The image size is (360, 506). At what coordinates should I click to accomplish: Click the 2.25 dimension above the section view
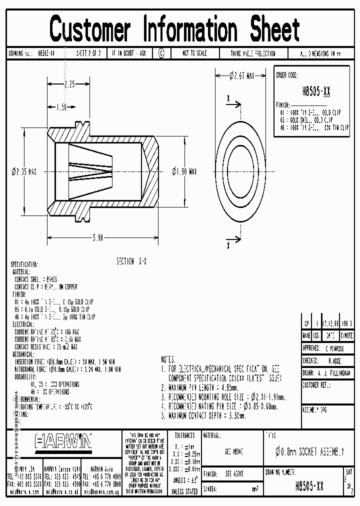click(69, 84)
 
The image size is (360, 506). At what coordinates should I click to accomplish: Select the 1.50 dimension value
click(61, 107)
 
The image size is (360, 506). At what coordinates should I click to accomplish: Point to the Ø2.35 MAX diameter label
click(24, 171)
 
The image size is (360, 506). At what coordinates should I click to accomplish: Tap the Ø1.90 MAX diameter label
click(184, 171)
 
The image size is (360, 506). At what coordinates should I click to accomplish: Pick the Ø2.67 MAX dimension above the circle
click(242, 75)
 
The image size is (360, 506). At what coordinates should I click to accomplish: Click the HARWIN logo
click(63, 441)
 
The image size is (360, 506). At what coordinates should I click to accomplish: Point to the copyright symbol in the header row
click(160, 53)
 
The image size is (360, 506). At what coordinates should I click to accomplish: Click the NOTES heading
click(168, 359)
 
